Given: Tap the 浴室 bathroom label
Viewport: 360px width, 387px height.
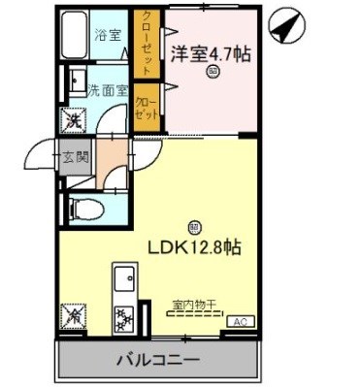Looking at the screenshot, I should click(x=108, y=36).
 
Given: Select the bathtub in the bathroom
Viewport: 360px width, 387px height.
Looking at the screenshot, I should click(x=75, y=36).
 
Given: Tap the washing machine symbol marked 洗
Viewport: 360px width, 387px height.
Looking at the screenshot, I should click(x=72, y=121).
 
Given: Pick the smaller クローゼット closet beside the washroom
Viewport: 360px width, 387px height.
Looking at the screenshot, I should click(x=147, y=106).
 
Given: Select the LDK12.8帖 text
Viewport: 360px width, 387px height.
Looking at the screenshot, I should click(x=194, y=247).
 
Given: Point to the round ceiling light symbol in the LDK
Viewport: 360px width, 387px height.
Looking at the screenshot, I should click(x=194, y=227).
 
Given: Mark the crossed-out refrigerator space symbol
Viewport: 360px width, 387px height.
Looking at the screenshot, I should click(x=73, y=316).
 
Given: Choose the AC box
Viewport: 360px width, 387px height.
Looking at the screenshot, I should click(x=239, y=320).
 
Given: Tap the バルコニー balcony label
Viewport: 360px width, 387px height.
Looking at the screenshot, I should click(x=160, y=360).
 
